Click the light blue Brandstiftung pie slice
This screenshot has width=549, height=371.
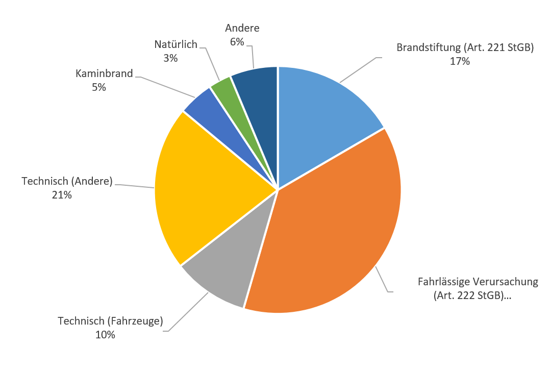pyautogui.click(x=321, y=117)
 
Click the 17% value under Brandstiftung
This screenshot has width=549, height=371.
pyautogui.click(x=460, y=61)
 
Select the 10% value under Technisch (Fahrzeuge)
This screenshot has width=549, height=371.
pyautogui.click(x=105, y=335)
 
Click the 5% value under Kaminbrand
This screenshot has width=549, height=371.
pyautogui.click(x=99, y=87)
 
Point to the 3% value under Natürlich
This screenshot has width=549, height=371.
pyautogui.click(x=170, y=58)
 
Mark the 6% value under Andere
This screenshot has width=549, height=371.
pyautogui.click(x=237, y=42)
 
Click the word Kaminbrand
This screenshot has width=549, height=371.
pyautogui.click(x=104, y=73)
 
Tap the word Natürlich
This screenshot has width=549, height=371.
pyautogui.click(x=176, y=44)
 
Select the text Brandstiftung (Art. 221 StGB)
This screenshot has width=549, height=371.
pyautogui.click(x=465, y=48)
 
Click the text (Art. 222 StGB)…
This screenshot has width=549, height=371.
pyautogui.click(x=472, y=295)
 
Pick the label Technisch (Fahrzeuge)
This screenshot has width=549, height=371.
pyautogui.click(x=110, y=321)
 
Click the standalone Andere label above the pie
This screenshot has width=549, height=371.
pyautogui.click(x=242, y=28)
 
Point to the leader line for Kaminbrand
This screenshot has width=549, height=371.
pyautogui.click(x=168, y=87)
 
